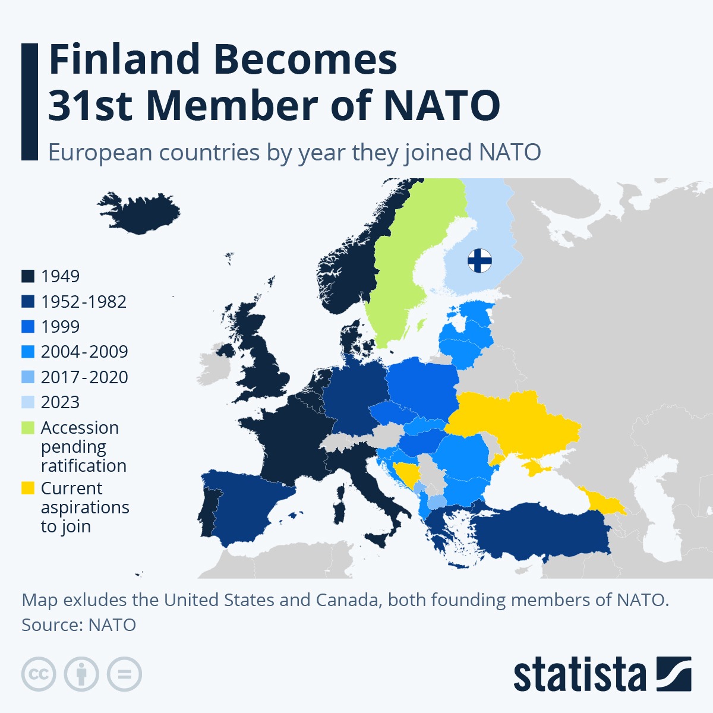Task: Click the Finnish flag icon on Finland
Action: pyautogui.click(x=479, y=260)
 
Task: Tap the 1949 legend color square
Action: pyautogui.click(x=28, y=276)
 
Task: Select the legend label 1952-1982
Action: pyautogui.click(x=84, y=302)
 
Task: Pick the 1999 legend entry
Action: pyautogui.click(x=60, y=327)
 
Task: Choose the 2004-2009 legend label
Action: pyautogui.click(x=84, y=352)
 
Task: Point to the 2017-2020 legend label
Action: pyautogui.click(x=84, y=377)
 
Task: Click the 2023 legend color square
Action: pyautogui.click(x=28, y=402)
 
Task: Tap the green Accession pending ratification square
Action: pyautogui.click(x=28, y=428)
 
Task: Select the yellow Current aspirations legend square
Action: pyautogui.click(x=28, y=488)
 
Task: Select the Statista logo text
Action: pyautogui.click(x=579, y=675)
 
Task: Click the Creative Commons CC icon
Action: pyautogui.click(x=39, y=674)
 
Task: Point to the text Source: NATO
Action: pyautogui.click(x=79, y=625)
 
